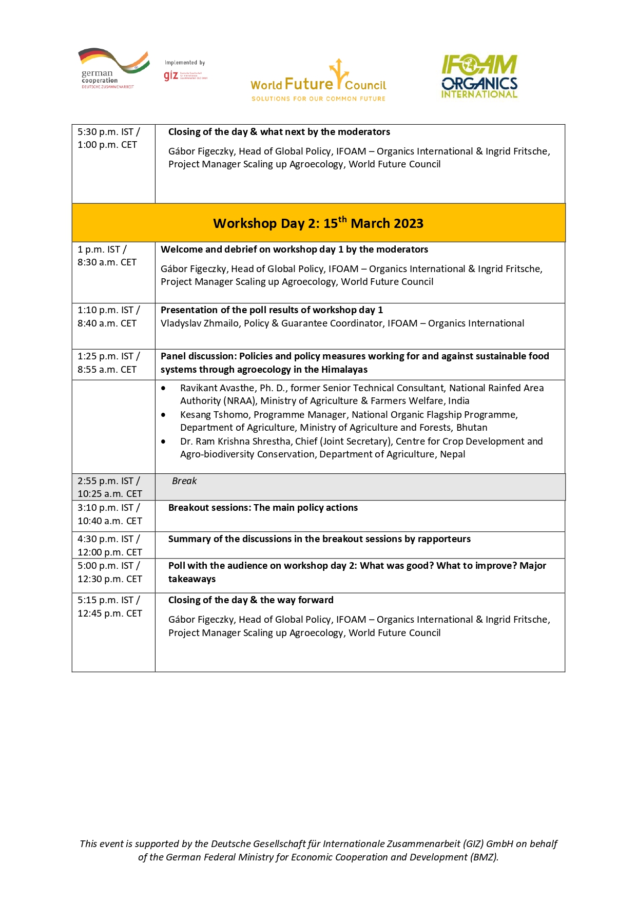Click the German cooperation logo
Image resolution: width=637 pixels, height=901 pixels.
(x=113, y=69)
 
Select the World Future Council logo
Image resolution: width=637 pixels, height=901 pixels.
(x=318, y=81)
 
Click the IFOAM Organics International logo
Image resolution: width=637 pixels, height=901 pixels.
(x=479, y=76)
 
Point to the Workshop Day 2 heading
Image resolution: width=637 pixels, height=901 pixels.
(x=318, y=223)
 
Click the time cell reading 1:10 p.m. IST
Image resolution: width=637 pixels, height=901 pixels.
(x=108, y=310)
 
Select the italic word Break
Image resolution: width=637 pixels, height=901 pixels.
(x=184, y=481)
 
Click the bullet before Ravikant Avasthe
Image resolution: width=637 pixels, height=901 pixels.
(x=163, y=388)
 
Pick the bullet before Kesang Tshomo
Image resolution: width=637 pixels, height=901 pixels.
(x=163, y=415)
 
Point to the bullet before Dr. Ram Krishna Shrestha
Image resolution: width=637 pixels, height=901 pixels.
(x=163, y=442)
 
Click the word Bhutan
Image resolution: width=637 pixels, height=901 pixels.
(x=472, y=428)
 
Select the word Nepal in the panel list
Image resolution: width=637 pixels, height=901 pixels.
(x=452, y=454)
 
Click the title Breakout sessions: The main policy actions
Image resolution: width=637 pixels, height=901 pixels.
(x=263, y=508)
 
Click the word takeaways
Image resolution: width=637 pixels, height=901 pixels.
(x=192, y=579)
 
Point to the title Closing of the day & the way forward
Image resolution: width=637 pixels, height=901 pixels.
(x=251, y=600)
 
